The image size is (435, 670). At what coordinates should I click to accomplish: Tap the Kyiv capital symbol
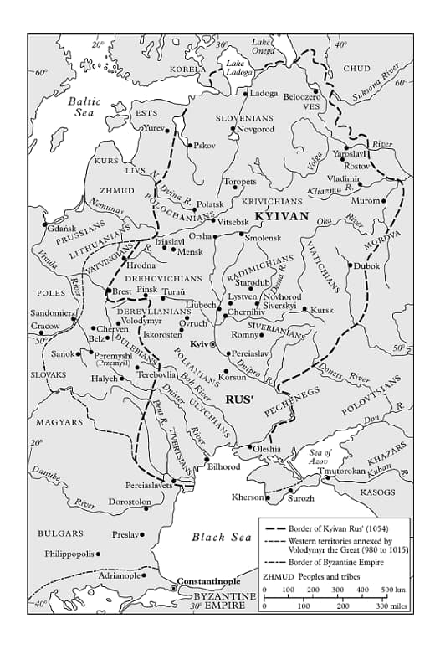tap(212, 344)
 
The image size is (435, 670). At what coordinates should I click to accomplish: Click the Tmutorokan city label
tap(342, 471)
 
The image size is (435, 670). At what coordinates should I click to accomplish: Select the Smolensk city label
tap(264, 238)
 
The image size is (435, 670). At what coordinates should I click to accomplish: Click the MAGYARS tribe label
tap(59, 422)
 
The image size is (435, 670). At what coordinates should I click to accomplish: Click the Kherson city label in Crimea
tap(248, 497)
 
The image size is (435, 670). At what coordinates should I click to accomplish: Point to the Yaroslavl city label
tap(350, 154)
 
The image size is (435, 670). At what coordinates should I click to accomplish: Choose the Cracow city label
tap(45, 326)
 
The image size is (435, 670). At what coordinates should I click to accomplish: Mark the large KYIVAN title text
tap(282, 216)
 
